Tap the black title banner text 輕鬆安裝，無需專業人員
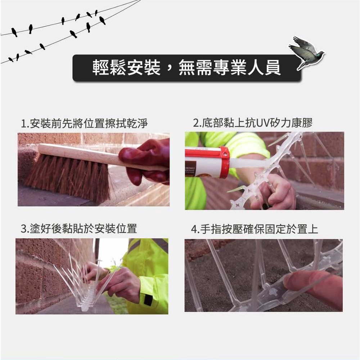pyautogui.click(x=186, y=68)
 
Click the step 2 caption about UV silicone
pyautogui.click(x=253, y=123)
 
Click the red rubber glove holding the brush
pyautogui.click(x=145, y=161)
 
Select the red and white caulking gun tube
pyautogui.click(x=207, y=163)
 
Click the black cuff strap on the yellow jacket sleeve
pyautogui.click(x=148, y=300)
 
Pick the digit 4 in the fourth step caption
pyautogui.click(x=194, y=230)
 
